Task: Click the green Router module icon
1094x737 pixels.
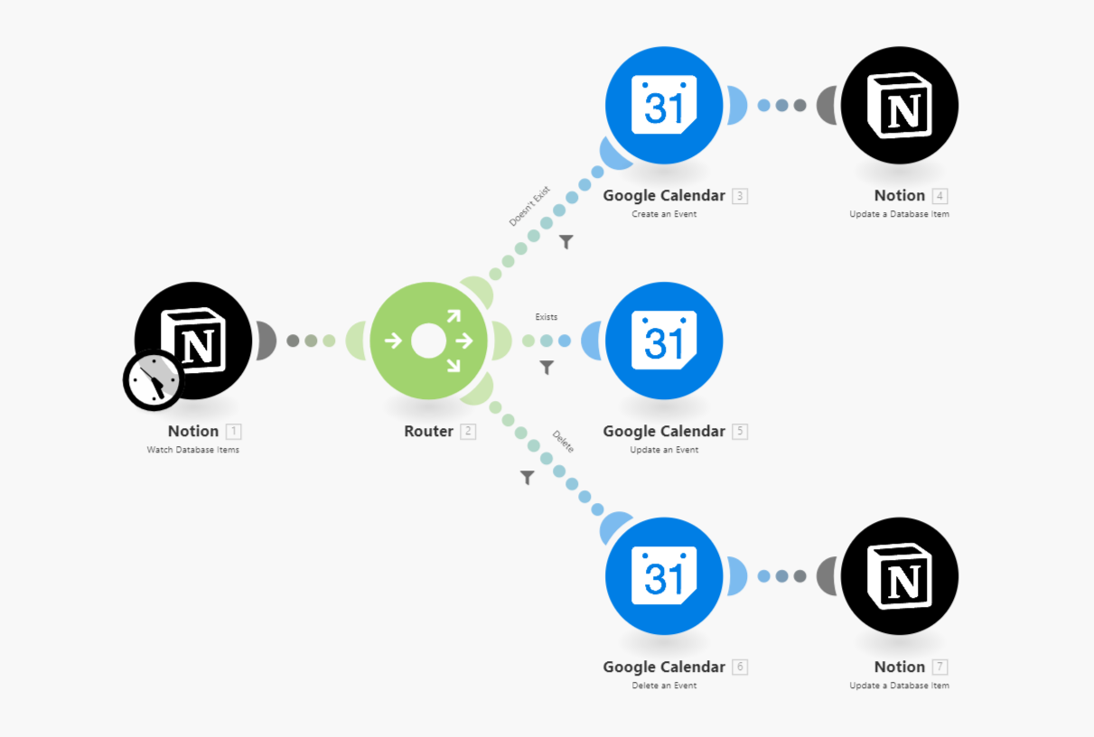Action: (428, 341)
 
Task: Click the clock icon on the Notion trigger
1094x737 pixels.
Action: (153, 380)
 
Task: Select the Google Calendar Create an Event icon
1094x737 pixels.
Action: (664, 106)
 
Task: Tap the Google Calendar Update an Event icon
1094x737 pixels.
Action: (664, 341)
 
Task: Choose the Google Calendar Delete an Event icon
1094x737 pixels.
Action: (664, 576)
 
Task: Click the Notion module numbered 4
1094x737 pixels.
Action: (899, 106)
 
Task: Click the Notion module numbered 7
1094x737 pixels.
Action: (899, 576)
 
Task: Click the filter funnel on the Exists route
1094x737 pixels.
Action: (547, 368)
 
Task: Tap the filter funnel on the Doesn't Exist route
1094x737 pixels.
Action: (566, 242)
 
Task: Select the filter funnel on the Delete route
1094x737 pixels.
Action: (528, 477)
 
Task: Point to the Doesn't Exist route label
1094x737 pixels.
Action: (529, 207)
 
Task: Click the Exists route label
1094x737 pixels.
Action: (547, 317)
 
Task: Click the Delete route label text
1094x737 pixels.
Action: (563, 442)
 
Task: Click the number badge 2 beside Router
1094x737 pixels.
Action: (468, 432)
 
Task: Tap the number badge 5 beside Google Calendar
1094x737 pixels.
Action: (741, 432)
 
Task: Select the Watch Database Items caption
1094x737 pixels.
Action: (193, 450)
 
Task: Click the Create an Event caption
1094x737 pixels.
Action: (664, 214)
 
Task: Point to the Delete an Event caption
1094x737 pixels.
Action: (664, 686)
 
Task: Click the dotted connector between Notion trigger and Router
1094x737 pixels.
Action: (311, 341)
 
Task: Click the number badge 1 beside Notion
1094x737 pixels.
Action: (234, 432)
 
